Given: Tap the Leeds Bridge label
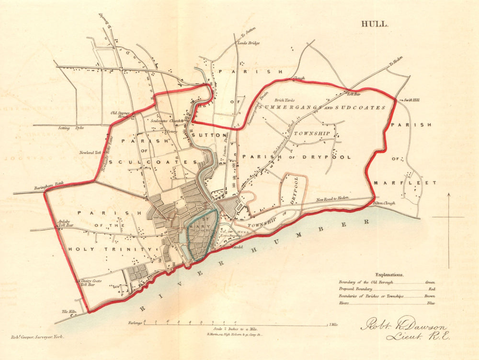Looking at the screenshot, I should pos(249,43).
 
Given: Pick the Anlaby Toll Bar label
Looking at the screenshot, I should pos(65,223).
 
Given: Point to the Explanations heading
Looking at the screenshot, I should pos(389,275).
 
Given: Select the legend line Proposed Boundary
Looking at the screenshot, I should pos(357,289).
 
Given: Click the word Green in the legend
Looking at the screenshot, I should pos(430,282).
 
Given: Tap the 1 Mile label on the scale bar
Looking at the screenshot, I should pos(333,325).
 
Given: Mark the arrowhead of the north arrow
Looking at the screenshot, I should pos(449,195).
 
